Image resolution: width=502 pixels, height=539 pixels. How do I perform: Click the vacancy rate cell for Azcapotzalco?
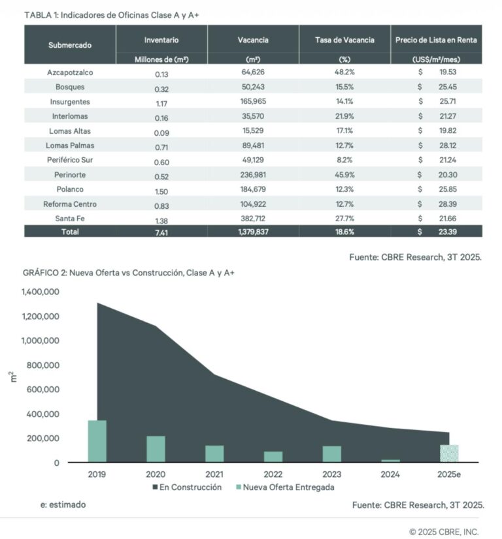344,72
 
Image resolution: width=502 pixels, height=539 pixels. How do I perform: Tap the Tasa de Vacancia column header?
344,40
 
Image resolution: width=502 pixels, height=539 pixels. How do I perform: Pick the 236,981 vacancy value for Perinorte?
252,175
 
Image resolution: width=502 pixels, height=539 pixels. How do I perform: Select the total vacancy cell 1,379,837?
252,232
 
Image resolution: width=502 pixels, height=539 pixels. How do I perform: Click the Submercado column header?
69,45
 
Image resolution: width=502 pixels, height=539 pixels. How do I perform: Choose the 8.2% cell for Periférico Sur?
344,160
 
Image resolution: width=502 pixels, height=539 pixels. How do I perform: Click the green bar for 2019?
97,441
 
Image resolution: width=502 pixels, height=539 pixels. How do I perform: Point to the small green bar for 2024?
390,461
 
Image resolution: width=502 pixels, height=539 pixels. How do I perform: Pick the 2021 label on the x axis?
214,474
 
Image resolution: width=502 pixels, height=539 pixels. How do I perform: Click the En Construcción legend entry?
190,487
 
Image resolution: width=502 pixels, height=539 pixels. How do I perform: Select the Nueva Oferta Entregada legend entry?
288,487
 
